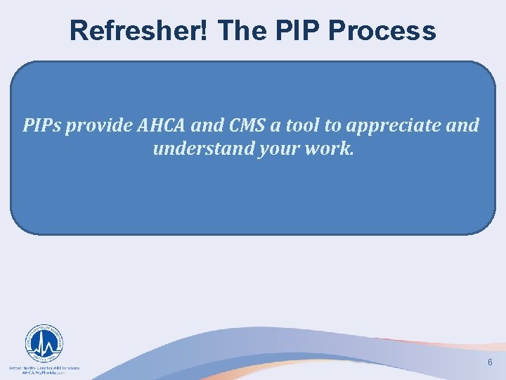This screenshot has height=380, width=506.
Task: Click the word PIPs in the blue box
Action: click(43, 126)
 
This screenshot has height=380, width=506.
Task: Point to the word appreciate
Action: click(393, 126)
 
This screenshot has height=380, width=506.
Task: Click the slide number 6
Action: click(490, 362)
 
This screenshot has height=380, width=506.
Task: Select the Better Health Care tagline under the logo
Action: click(44, 367)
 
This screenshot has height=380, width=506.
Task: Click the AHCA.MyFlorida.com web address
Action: click(44, 374)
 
